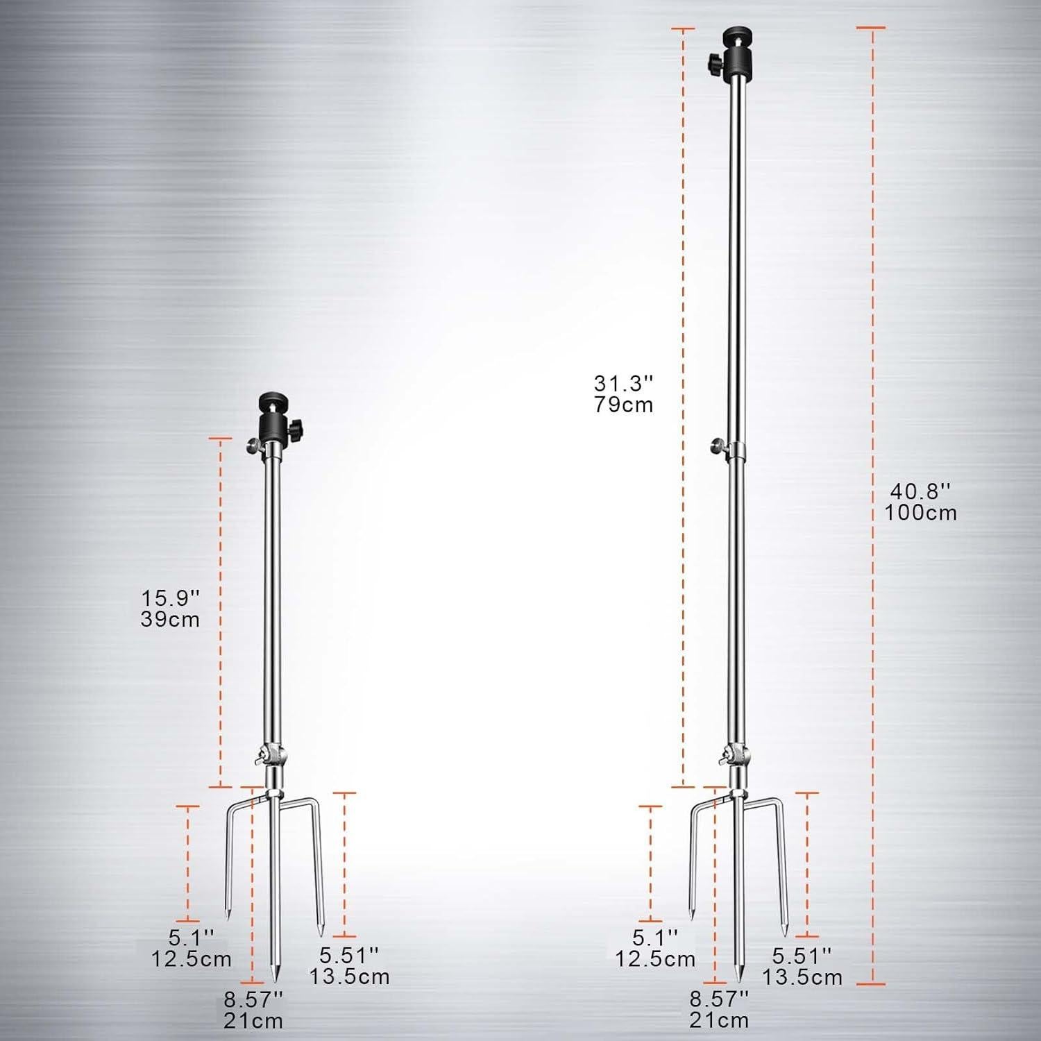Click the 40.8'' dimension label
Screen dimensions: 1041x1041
(x=920, y=491)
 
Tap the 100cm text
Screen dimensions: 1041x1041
(x=920, y=513)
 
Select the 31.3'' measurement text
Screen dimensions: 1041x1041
(x=623, y=382)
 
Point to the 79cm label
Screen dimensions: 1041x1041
(x=623, y=405)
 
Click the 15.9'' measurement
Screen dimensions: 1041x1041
(x=171, y=597)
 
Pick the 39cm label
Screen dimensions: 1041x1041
(x=171, y=619)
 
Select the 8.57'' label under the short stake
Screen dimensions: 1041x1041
(x=253, y=1000)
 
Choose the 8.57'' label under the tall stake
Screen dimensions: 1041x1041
(x=719, y=999)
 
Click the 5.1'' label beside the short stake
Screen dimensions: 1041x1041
(x=191, y=938)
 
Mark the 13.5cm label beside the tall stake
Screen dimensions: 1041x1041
(x=802, y=977)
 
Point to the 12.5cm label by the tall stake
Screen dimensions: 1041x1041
(x=655, y=959)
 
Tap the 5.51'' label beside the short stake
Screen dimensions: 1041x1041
(x=350, y=955)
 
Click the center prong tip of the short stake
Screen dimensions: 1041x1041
(x=274, y=976)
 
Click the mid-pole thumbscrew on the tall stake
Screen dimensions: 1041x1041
(x=717, y=446)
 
